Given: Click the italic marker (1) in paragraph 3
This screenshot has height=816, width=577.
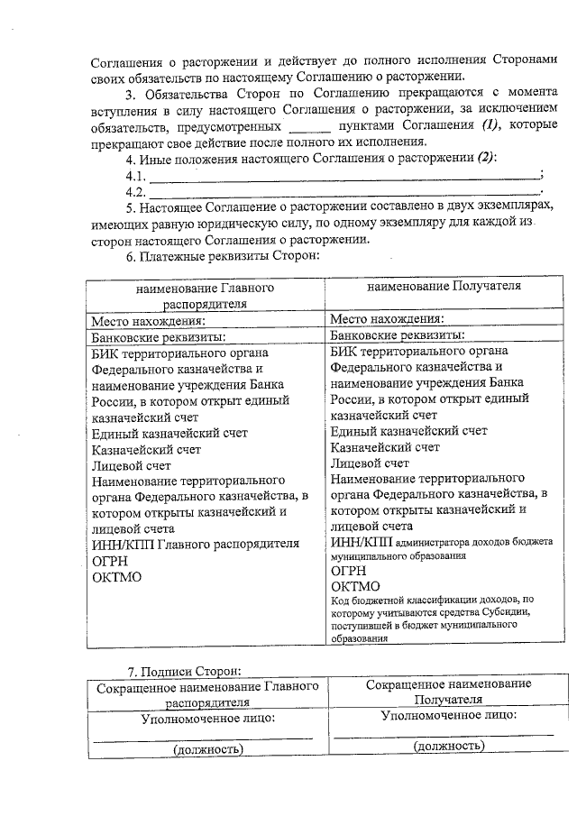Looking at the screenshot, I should point(492,124).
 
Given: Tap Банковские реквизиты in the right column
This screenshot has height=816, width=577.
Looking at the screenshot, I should point(397,335).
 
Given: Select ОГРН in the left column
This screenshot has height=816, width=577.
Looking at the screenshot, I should point(111,560).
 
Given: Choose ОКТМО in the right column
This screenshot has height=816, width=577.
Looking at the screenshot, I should point(355,586).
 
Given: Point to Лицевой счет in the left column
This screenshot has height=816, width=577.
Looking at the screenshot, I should point(132,465).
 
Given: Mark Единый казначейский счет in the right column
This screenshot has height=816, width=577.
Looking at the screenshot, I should point(408,431).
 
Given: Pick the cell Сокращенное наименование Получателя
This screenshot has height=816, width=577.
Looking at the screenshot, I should point(448,692).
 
